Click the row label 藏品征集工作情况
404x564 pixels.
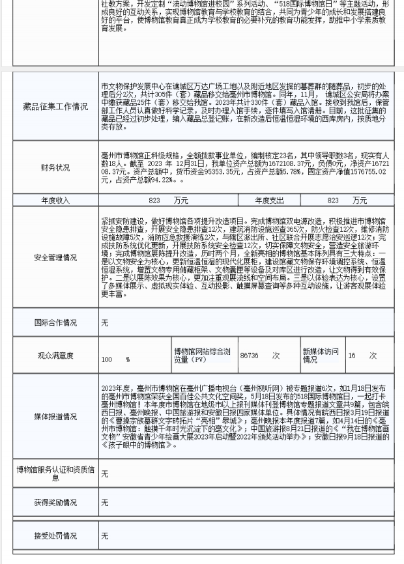(55, 107)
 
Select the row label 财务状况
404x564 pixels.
(55, 167)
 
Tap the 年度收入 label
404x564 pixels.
(55, 201)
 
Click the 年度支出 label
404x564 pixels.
(269, 201)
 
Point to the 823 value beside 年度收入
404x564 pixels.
(154, 201)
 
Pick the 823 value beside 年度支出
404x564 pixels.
(333, 201)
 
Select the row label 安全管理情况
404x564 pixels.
(55, 258)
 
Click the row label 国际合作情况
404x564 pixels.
(55, 322)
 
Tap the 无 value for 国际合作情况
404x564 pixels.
(105, 323)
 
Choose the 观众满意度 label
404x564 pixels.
(55, 356)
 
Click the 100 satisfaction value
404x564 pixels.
(107, 360)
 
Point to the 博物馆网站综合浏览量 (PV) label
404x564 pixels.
(201, 356)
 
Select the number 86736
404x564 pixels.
(250, 356)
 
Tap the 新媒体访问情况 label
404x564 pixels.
(321, 356)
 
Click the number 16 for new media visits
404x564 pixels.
(352, 356)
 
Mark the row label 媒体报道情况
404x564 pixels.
(55, 417)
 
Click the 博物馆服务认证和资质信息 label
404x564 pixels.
(55, 473)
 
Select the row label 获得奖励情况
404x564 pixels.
(55, 503)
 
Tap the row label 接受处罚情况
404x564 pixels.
(55, 536)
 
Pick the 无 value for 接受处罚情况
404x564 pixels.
(105, 536)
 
